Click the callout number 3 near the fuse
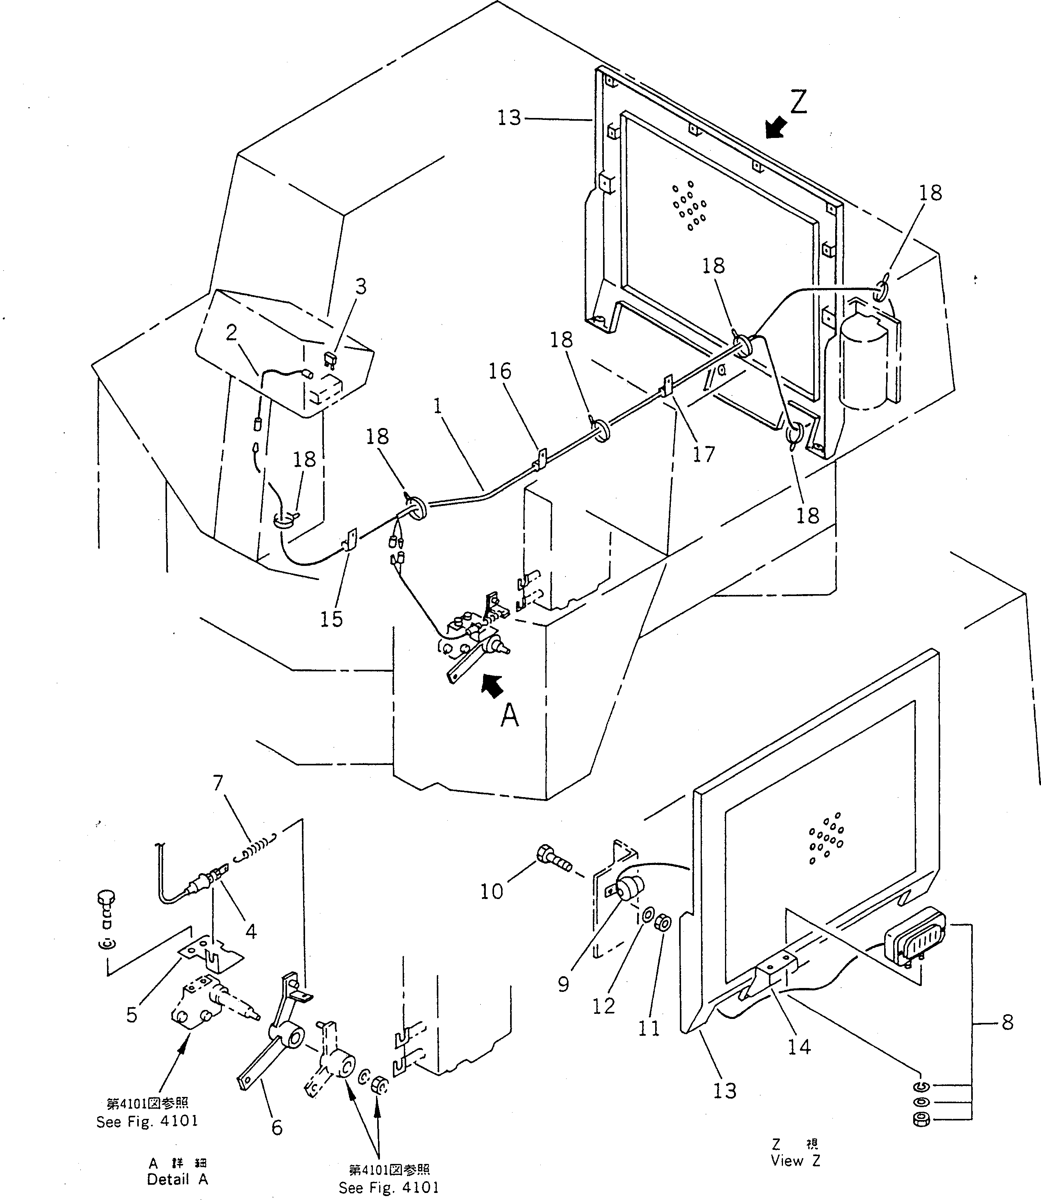click(x=361, y=287)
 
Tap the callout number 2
click(x=232, y=333)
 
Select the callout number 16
click(x=500, y=371)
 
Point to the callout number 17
click(x=703, y=454)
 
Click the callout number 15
click(x=332, y=620)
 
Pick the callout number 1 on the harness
click(x=438, y=406)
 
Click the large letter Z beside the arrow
click(x=799, y=102)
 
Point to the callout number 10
click(x=491, y=891)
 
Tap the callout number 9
click(x=563, y=984)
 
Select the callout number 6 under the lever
click(x=277, y=1127)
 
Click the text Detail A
click(x=177, y=1180)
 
